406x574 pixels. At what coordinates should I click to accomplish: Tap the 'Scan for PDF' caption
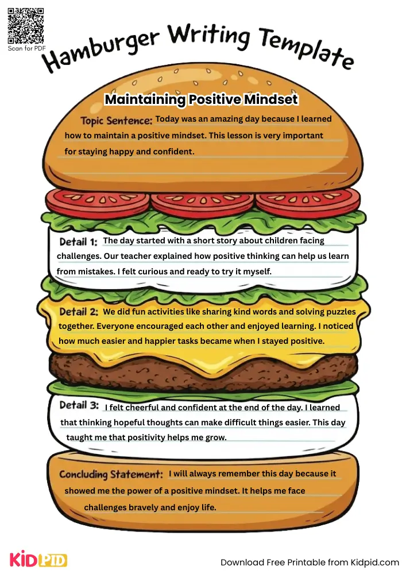26,49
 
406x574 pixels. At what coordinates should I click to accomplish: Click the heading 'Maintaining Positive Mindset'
201,100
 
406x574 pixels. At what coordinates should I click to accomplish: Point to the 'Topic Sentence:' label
116,121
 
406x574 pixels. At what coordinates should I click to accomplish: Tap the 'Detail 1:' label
78,242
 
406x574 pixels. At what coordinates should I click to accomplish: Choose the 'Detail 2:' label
79,312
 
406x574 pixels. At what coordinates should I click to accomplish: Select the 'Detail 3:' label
79,405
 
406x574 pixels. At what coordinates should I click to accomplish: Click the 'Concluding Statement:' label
111,475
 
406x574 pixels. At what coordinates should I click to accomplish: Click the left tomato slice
97,200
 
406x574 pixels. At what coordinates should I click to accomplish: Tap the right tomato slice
308,200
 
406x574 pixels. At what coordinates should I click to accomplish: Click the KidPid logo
38,560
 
